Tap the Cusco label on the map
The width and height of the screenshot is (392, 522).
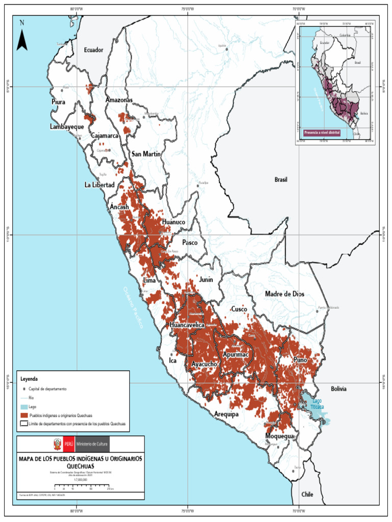[239, 309]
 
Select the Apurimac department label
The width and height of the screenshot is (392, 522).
[235, 353]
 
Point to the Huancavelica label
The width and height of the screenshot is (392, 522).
[187, 325]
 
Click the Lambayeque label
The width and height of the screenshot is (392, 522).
[67, 126]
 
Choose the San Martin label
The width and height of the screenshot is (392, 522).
[146, 154]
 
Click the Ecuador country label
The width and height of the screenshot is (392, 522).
[93, 50]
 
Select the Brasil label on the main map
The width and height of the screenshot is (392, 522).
[281, 180]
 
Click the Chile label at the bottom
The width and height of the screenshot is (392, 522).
[307, 494]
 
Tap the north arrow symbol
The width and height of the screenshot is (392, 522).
[21, 36]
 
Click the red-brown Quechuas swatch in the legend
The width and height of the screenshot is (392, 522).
[24, 415]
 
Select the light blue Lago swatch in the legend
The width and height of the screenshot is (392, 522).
[24, 406]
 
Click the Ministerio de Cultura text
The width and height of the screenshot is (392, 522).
[92, 445]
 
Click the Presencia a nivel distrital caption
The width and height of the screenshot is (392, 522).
[322, 132]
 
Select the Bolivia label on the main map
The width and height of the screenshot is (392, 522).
[338, 388]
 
